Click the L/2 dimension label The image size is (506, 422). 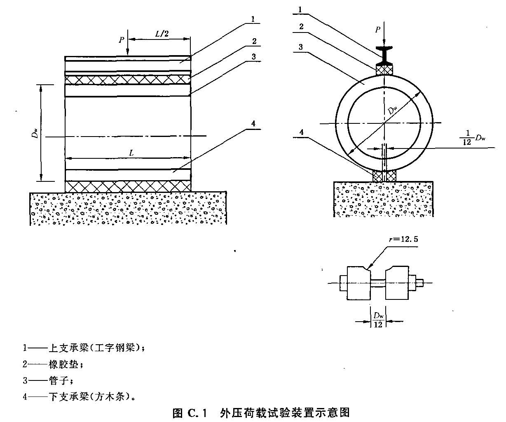pos(162,34)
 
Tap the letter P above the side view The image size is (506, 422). pos(121,40)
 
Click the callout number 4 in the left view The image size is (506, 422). pos(253,123)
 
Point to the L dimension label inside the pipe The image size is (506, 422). pos(131,153)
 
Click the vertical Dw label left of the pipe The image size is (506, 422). pos(36,132)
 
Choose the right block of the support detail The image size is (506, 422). pos(397,283)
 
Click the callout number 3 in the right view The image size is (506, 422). pos(301,47)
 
